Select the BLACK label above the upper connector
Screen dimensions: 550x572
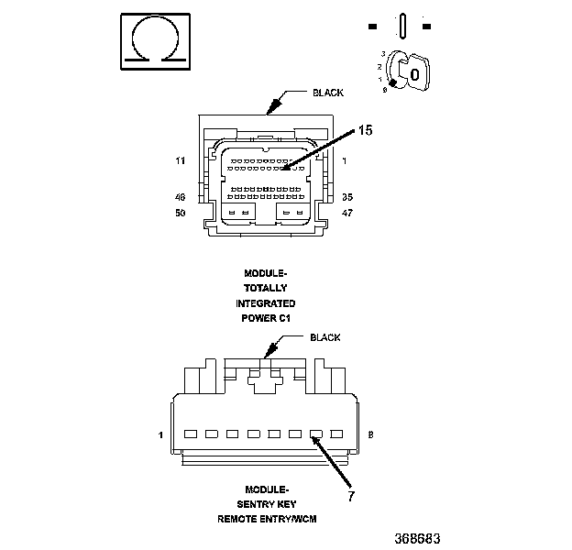[327, 93]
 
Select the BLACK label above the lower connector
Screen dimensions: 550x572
[324, 337]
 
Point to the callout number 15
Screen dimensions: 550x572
[365, 131]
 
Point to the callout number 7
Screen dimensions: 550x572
[349, 497]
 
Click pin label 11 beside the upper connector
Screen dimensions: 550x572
[180, 161]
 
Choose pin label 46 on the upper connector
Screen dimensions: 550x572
[180, 196]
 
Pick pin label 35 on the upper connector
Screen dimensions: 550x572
[347, 196]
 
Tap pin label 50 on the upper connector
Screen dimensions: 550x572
[180, 212]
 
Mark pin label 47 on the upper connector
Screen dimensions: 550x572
[347, 212]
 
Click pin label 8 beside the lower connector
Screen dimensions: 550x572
[370, 434]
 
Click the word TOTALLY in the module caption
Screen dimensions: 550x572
[265, 288]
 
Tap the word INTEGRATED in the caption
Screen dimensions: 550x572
[265, 302]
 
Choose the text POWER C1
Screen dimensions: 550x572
[265, 317]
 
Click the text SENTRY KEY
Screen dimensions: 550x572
[265, 504]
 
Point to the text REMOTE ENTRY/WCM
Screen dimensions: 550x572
[265, 519]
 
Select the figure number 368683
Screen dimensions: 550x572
[418, 536]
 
